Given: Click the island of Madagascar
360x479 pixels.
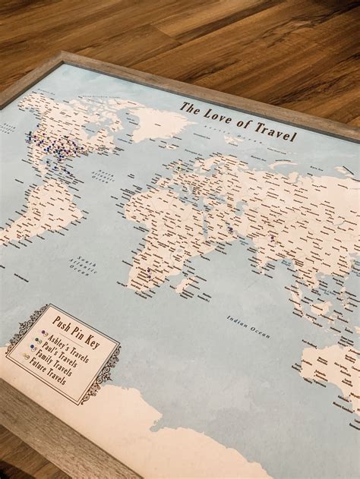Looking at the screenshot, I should pos(183,285).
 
